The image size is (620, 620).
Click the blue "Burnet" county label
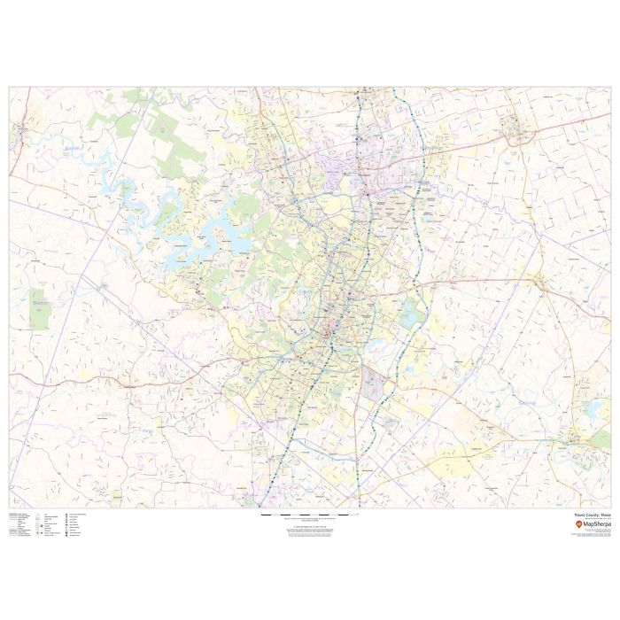point(73,149)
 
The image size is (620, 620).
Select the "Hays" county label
point(147,431)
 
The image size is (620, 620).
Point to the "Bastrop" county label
point(527,402)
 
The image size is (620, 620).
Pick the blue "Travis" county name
point(306,290)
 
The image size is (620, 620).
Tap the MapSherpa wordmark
point(595,524)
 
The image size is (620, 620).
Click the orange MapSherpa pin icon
point(577,524)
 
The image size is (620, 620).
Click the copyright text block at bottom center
point(310,530)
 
